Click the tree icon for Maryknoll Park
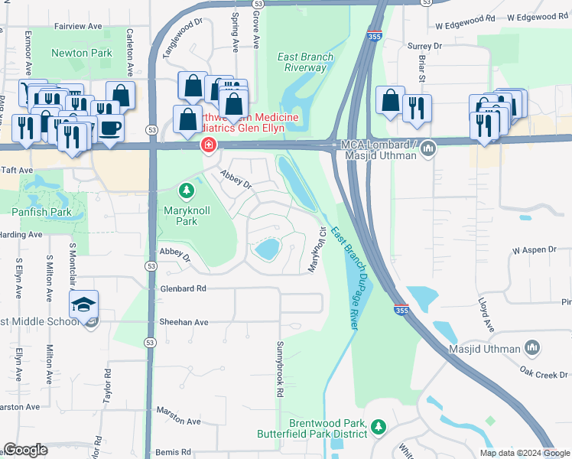coord(184,190)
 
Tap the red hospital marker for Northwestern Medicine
coord(206,145)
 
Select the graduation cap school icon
coord(84,305)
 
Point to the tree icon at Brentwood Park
coord(377,426)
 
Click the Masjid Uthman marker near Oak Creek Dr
coord(534,349)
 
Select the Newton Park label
coord(81,53)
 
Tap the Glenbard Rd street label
coord(184,288)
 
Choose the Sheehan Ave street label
coord(184,322)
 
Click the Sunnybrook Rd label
coord(281,369)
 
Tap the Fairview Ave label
coord(79,26)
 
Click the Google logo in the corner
coord(25,450)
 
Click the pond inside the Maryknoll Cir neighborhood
coord(267,249)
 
